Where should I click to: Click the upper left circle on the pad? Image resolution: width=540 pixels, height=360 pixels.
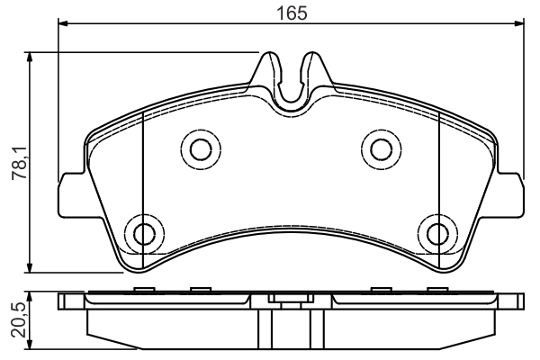pos(197,148)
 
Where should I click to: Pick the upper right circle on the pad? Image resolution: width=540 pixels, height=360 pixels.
pos(380,148)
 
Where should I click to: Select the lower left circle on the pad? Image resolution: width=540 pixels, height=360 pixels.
pos(143,233)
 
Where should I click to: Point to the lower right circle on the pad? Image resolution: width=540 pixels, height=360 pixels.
pos(438,233)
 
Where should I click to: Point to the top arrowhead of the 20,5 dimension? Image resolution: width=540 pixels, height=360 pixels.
pos(31,296)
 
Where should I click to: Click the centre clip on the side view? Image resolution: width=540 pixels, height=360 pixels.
pos(290,303)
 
